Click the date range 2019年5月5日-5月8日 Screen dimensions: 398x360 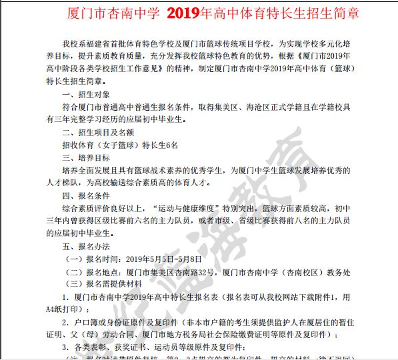point(164,259)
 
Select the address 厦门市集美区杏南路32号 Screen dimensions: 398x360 point(170,271)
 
